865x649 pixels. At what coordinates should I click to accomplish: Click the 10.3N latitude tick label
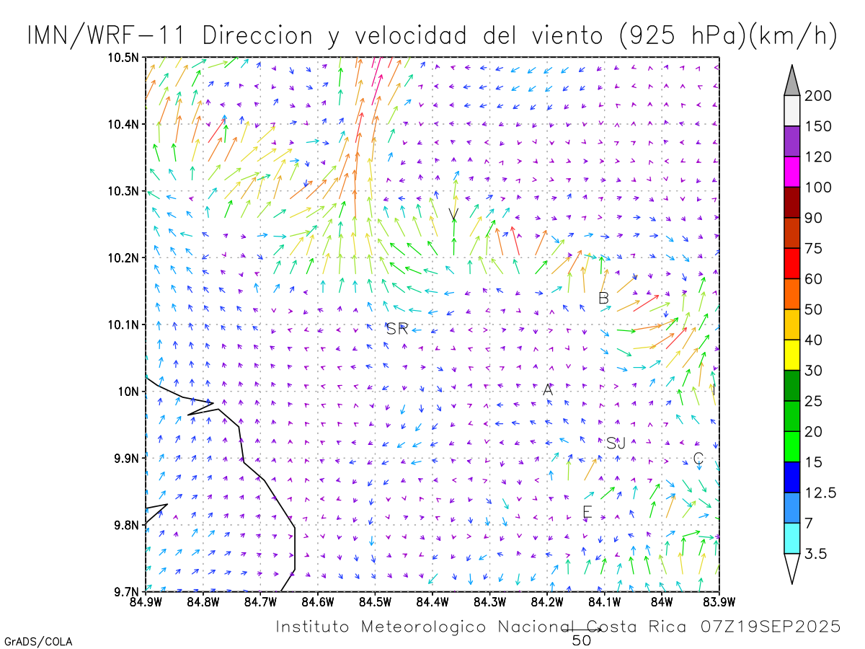point(125,191)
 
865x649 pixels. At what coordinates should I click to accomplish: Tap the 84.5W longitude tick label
point(374,601)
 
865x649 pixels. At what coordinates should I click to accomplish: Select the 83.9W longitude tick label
point(719,601)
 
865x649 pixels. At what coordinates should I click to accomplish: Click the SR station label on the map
point(397,330)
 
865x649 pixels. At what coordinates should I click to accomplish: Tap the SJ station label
point(616,443)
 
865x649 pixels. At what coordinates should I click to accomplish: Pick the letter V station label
point(453,215)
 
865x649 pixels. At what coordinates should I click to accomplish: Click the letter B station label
point(604,298)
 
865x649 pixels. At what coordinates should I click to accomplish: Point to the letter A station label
point(548,389)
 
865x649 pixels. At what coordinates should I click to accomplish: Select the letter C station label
point(698,459)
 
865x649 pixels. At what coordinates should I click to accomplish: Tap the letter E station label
point(587,513)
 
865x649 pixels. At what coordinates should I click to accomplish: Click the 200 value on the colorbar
point(818,97)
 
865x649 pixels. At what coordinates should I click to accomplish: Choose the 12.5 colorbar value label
point(820,493)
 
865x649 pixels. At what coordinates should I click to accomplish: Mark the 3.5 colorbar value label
point(816,554)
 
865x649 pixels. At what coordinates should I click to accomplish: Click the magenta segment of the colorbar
point(791,172)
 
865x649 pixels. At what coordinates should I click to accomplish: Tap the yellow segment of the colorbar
point(791,355)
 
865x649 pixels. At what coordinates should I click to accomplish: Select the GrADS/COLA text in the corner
point(38,641)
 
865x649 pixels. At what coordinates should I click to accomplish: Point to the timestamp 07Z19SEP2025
point(771,627)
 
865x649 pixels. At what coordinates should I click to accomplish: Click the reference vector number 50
point(582,640)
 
